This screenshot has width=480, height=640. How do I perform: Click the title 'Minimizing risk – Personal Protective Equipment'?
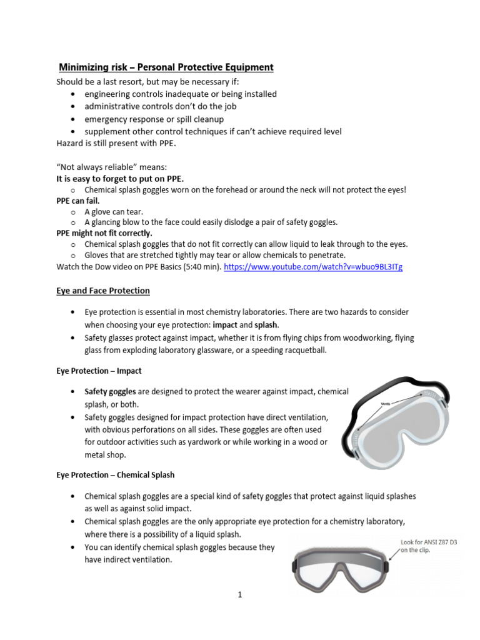point(166,67)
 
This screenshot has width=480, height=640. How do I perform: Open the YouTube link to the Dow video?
point(312,267)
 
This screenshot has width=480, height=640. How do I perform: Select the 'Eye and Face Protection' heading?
point(103,291)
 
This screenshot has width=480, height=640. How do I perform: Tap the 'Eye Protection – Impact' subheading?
point(99,371)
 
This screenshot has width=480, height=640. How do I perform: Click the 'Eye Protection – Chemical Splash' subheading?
point(115,475)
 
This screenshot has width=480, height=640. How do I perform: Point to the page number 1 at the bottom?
point(239,594)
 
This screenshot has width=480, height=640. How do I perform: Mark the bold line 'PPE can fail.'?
point(78,201)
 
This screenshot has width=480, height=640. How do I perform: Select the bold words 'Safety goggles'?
point(109,392)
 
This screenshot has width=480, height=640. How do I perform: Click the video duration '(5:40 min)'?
point(199,267)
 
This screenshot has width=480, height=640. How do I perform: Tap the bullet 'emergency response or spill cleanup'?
point(154,119)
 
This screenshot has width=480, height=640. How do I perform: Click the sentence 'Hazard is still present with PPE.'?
point(116,143)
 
